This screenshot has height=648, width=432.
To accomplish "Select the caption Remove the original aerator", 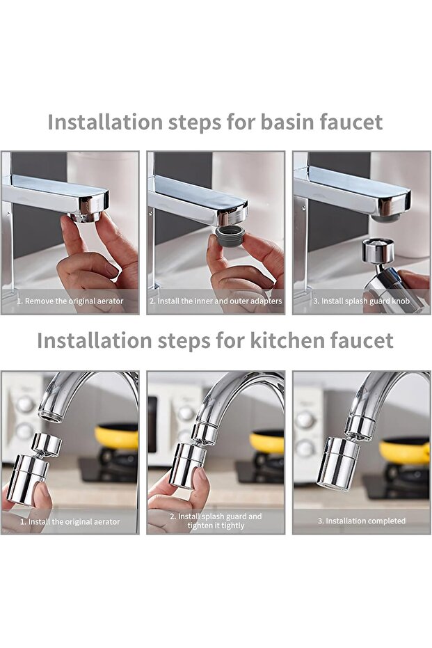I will coord(70,301).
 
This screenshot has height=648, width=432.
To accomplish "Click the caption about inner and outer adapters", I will coord(216,301).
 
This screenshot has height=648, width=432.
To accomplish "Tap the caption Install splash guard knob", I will coord(361,301).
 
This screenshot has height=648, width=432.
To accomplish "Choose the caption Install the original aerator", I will coord(70,521).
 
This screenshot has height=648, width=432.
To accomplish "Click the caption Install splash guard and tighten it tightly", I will coord(216,521).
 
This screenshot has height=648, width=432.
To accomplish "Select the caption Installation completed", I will coord(361,521).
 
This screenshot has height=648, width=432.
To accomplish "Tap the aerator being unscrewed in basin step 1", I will coord(86,216).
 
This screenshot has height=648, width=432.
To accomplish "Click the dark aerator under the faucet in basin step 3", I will coord(385,218).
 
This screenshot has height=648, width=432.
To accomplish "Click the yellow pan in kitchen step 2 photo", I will coord(267,441).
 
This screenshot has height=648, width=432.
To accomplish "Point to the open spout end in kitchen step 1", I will coord(49,416).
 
